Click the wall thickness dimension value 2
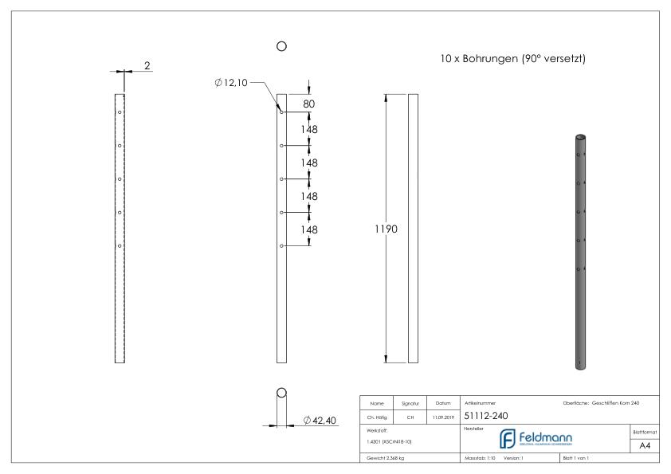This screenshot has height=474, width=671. tap(148, 65)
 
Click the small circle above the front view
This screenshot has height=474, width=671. tap(281, 47)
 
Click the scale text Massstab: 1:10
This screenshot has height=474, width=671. tap(480, 458)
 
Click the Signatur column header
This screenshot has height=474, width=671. tap(411, 403)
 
